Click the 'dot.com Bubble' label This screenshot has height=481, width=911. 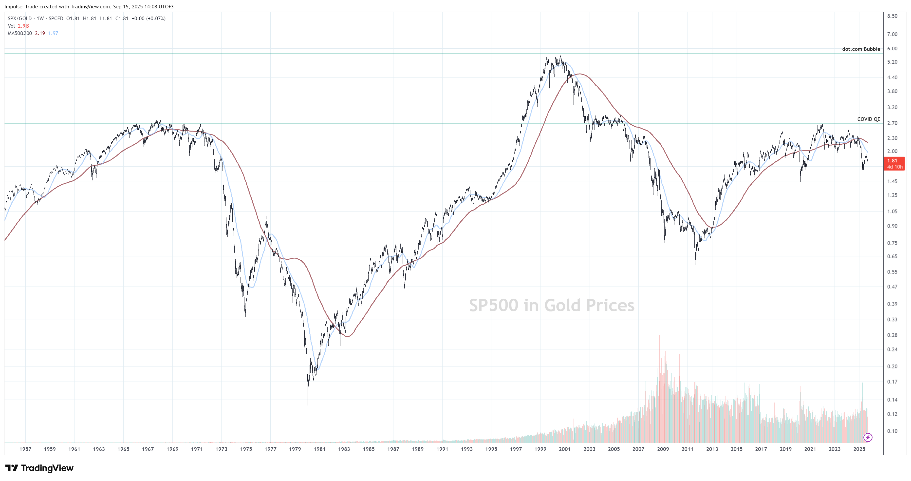click(x=861, y=49)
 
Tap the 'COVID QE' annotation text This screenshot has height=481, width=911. click(x=868, y=119)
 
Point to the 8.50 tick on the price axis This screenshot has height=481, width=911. click(x=892, y=16)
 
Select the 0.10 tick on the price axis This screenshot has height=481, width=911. click(x=892, y=431)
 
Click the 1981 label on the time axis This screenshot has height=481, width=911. click(x=319, y=449)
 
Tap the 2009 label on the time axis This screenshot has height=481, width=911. click(x=663, y=449)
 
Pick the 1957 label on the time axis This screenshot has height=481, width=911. click(x=25, y=449)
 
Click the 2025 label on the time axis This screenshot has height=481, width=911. click(x=859, y=449)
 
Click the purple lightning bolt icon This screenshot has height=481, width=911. click(x=868, y=438)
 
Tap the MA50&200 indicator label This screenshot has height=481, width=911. click(x=20, y=33)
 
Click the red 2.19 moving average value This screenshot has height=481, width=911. click(x=40, y=33)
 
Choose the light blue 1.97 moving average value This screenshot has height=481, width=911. click(x=53, y=33)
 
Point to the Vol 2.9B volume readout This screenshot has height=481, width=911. click(x=19, y=26)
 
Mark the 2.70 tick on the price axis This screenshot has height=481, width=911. click(x=892, y=123)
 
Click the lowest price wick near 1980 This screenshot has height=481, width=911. click(x=308, y=406)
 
